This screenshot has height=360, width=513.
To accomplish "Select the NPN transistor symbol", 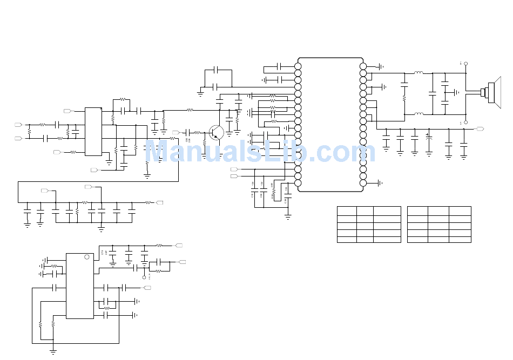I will pos(217,132).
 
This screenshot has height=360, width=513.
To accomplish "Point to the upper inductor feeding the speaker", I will pos(418,73).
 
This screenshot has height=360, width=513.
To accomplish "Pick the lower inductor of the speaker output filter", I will pos(418,114).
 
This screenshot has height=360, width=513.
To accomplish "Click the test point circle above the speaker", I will pos(465,64).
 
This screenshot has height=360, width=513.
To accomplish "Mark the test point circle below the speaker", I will pos(465,123).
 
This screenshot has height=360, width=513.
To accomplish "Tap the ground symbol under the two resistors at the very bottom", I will pos(53,351).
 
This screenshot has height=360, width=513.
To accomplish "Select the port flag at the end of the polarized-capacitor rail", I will pos(480,129).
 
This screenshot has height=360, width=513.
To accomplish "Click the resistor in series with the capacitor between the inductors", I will pos(404,98).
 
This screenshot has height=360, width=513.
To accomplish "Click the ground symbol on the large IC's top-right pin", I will pos(381,66).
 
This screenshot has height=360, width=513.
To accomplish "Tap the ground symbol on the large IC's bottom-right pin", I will pos(381,183).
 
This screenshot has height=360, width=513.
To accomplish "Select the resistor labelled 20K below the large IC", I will pos(274,191).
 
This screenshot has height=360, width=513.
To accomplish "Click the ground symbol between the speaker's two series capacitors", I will pos(457,92).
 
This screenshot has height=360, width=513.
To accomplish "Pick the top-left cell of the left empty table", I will pos(347,210).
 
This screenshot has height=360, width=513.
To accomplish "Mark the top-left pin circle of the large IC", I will pos(298,66).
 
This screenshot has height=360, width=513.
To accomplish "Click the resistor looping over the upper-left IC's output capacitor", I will pos(123,100).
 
